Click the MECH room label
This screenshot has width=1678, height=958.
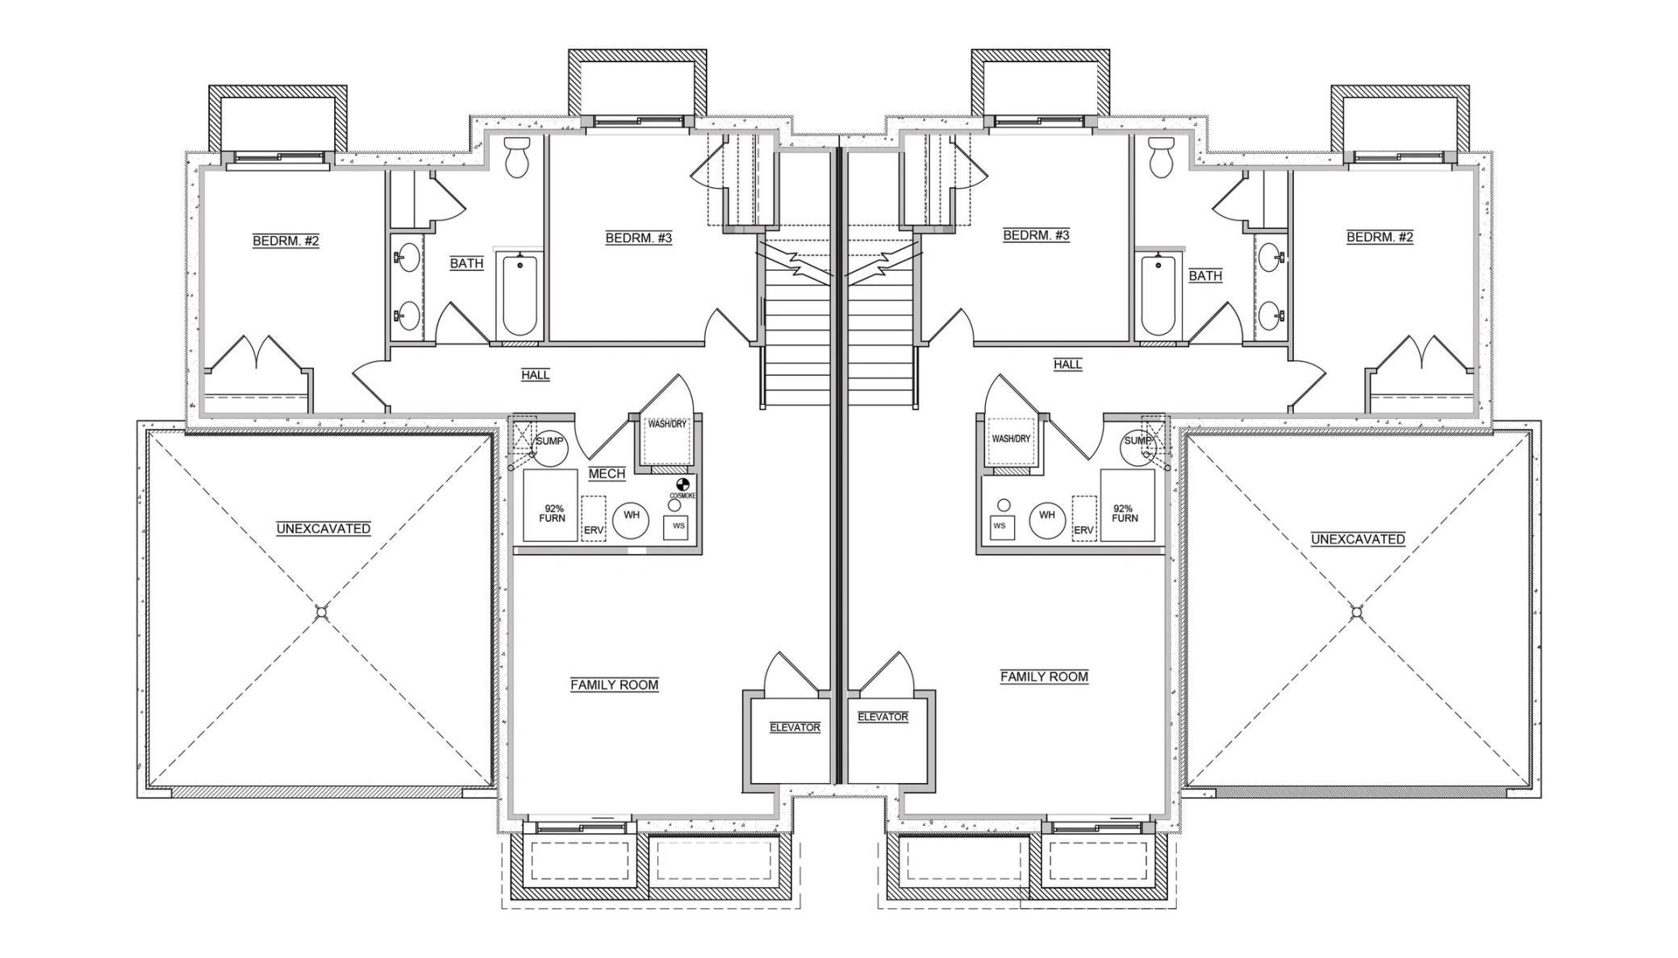pyautogui.click(x=607, y=473)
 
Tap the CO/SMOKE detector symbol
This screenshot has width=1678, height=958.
pyautogui.click(x=682, y=485)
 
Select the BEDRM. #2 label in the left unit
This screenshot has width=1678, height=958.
pyautogui.click(x=286, y=240)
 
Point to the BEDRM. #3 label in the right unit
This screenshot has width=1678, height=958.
pyautogui.click(x=1036, y=235)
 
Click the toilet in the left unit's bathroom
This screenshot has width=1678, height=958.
pyautogui.click(x=516, y=157)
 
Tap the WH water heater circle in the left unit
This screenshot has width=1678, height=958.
pyautogui.click(x=632, y=515)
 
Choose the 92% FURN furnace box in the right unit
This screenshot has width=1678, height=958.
pyautogui.click(x=1127, y=506)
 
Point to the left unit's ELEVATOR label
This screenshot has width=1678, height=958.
pyautogui.click(x=795, y=727)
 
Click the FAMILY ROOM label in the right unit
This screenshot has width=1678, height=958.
pyautogui.click(x=1044, y=677)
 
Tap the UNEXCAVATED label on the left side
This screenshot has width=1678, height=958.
pyautogui.click(x=323, y=529)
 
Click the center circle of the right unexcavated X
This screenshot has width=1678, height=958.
pyautogui.click(x=1357, y=612)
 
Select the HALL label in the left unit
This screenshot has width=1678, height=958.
pyautogui.click(x=536, y=375)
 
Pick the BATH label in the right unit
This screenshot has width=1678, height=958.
pyautogui.click(x=1205, y=276)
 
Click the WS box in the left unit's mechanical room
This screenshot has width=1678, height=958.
pyautogui.click(x=678, y=527)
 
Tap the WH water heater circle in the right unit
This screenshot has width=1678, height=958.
pyautogui.click(x=1046, y=514)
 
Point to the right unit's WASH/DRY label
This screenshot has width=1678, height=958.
pyautogui.click(x=1011, y=439)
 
